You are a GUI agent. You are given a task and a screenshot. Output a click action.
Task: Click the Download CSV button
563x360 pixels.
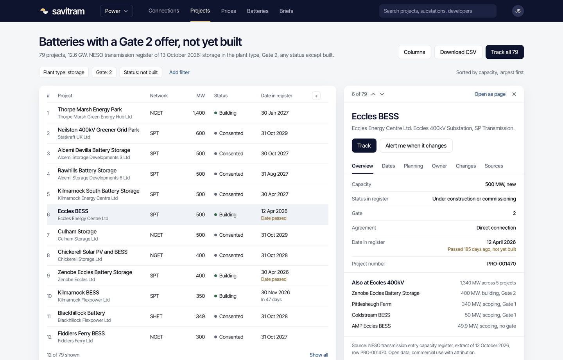pyautogui.click(x=458, y=52)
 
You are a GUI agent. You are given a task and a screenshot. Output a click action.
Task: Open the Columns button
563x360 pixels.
pyautogui.click(x=414, y=52)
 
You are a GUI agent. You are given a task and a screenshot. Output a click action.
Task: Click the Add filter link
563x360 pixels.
pyautogui.click(x=179, y=72)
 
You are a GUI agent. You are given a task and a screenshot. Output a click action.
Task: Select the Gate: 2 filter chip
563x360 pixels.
pyautogui.click(x=104, y=72)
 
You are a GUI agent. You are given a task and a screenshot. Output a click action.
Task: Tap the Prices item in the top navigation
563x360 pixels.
pyautogui.click(x=228, y=11)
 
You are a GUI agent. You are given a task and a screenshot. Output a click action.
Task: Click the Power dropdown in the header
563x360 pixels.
pyautogui.click(x=117, y=11)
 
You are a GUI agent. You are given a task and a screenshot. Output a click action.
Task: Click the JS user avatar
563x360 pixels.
pyautogui.click(x=518, y=11)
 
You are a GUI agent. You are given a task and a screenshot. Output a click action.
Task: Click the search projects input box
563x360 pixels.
pyautogui.click(x=437, y=11)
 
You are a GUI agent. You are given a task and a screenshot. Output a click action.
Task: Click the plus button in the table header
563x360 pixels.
pyautogui.click(x=316, y=96)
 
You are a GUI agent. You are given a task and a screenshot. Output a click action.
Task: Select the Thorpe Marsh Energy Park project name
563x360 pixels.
pyautogui.click(x=90, y=110)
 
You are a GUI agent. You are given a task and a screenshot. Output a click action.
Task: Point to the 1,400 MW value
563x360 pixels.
pyautogui.click(x=199, y=113)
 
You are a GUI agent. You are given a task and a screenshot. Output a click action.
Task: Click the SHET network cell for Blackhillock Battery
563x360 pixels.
pyautogui.click(x=156, y=316)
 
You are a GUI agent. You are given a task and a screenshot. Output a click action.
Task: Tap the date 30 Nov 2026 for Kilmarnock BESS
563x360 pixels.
pyautogui.click(x=275, y=292)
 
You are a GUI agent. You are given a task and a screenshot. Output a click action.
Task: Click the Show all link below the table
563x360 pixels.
pyautogui.click(x=319, y=355)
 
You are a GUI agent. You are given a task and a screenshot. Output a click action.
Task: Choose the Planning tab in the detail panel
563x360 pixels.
pyautogui.click(x=413, y=166)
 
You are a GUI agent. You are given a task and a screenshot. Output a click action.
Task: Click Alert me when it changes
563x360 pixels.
pyautogui.click(x=416, y=146)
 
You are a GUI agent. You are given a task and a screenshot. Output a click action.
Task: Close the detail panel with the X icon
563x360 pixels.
pyautogui.click(x=514, y=94)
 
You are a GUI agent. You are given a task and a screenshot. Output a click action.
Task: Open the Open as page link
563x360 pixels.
pyautogui.click(x=490, y=94)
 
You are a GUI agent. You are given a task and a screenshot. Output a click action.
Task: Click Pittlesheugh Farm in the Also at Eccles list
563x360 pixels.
pyautogui.click(x=371, y=304)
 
